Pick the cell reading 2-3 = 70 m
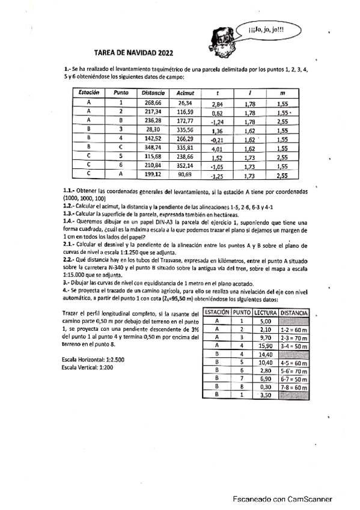[294, 338]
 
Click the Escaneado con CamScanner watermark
[283, 499]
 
